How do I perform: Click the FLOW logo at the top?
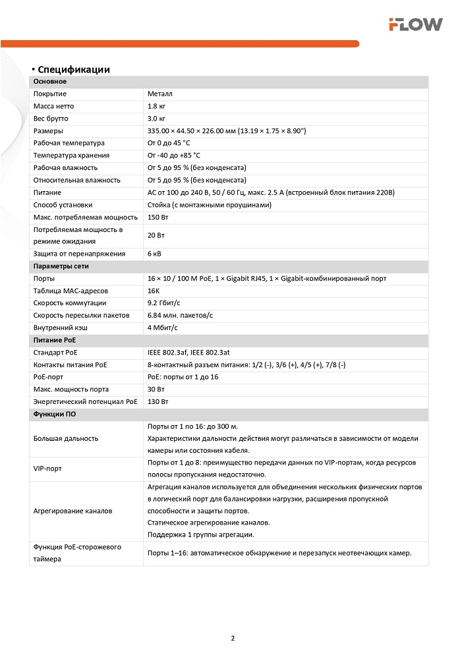415,24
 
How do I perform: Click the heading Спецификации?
73,70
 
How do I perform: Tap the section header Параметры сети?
61,266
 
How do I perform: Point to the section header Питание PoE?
55,340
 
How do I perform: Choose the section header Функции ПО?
54,414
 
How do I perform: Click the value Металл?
160,94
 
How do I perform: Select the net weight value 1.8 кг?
156,106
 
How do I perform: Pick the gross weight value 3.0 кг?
156,119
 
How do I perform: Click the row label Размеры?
48,131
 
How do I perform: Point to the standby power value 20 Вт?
156,235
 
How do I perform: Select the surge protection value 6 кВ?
155,254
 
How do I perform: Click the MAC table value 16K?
154,291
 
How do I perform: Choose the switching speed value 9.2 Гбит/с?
164,303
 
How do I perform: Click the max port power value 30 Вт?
156,389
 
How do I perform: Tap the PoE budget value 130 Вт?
158,401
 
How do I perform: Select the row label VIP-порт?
47,469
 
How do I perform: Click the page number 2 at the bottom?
233,638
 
